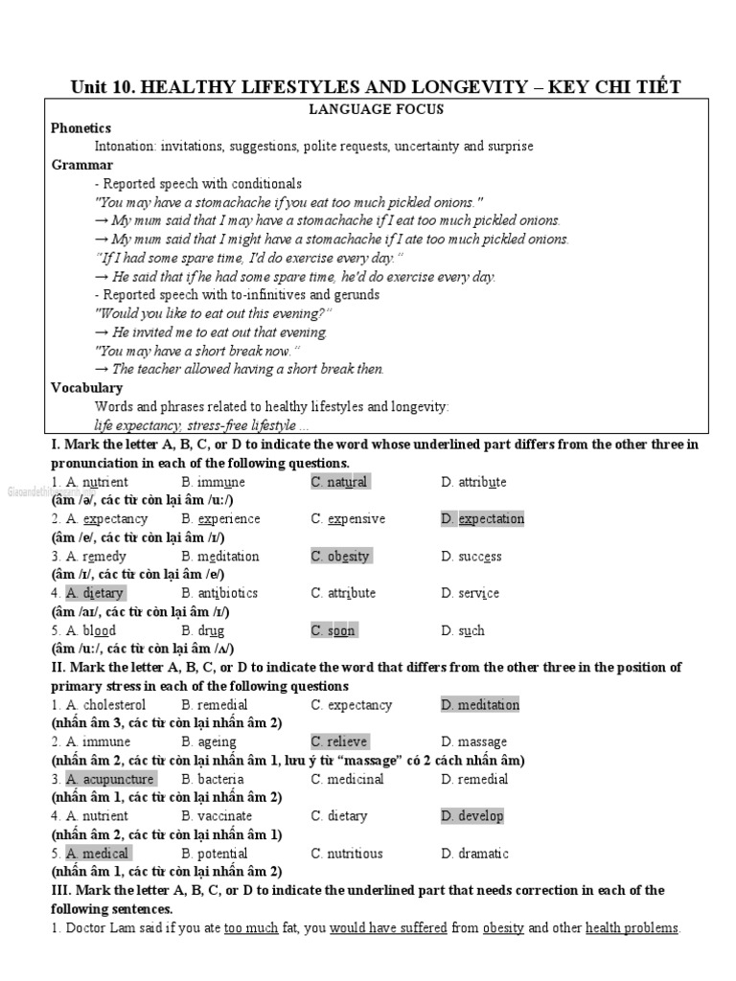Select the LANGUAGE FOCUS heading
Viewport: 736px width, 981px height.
376,109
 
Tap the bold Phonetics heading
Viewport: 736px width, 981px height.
81,128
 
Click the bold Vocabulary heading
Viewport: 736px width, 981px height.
87,388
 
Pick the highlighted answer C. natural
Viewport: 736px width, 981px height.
339,482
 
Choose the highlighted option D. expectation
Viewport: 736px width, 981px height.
483,519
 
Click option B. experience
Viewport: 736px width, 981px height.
220,519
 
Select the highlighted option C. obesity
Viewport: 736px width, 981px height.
340,557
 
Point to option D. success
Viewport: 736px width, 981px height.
471,557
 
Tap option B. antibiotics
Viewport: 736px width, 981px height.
219,593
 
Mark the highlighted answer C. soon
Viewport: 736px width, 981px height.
333,630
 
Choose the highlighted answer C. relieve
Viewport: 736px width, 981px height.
339,741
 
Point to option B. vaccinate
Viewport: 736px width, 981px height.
217,816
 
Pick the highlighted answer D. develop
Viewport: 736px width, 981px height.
472,816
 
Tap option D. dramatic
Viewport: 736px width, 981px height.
474,854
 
